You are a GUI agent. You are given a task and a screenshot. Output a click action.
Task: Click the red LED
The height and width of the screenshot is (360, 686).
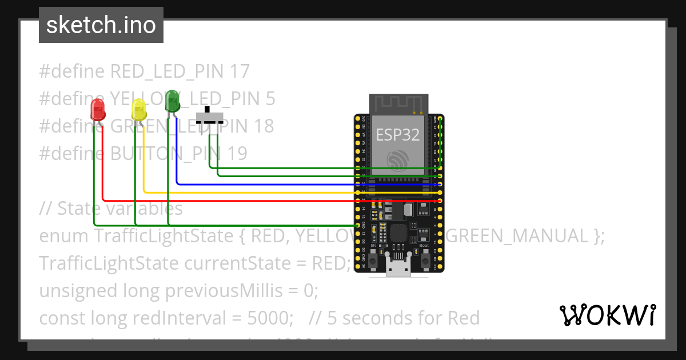pos(98,109)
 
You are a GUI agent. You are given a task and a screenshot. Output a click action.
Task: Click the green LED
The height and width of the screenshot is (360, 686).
pos(172,101)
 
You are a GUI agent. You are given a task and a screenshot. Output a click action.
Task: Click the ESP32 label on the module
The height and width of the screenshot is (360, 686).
pos(397,135)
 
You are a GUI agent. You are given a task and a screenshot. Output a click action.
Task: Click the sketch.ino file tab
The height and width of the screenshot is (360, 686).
pos(101,26)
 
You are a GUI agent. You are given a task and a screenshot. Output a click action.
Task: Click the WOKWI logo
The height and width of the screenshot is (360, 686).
pos(607,315)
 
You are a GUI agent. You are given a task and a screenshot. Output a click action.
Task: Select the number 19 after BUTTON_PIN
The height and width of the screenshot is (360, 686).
pos(237,153)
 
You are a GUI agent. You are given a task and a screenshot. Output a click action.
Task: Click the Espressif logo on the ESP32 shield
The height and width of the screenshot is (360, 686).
pos(397,160)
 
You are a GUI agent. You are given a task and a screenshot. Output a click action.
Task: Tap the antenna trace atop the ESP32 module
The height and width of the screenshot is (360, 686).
pos(398,103)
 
